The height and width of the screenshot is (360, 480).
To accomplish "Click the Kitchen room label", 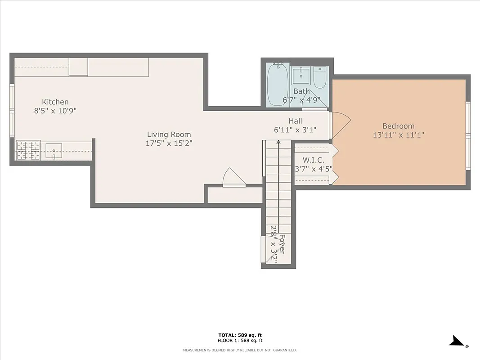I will click(x=55, y=102).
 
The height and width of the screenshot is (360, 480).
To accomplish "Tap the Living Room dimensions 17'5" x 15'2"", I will click(x=169, y=144).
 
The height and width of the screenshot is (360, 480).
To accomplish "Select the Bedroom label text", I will click(x=398, y=126).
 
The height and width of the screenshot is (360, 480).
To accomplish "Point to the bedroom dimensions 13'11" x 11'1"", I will click(x=398, y=135).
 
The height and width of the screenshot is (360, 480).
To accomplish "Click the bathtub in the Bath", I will click(x=277, y=84).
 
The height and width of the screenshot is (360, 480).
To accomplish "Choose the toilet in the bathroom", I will click(x=320, y=77).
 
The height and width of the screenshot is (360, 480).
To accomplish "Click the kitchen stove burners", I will click(x=28, y=150).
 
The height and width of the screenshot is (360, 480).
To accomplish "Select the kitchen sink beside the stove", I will click(x=54, y=150).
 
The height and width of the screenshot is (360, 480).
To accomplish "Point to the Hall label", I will click(x=295, y=121).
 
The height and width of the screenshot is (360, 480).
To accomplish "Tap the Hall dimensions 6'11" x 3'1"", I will click(x=295, y=130).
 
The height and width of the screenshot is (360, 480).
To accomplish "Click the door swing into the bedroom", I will click(x=341, y=125).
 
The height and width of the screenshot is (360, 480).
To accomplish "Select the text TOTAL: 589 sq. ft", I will click(x=239, y=335).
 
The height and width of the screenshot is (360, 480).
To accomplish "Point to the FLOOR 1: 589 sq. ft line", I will click(x=239, y=341).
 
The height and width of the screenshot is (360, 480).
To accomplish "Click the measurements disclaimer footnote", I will click(x=239, y=350).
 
